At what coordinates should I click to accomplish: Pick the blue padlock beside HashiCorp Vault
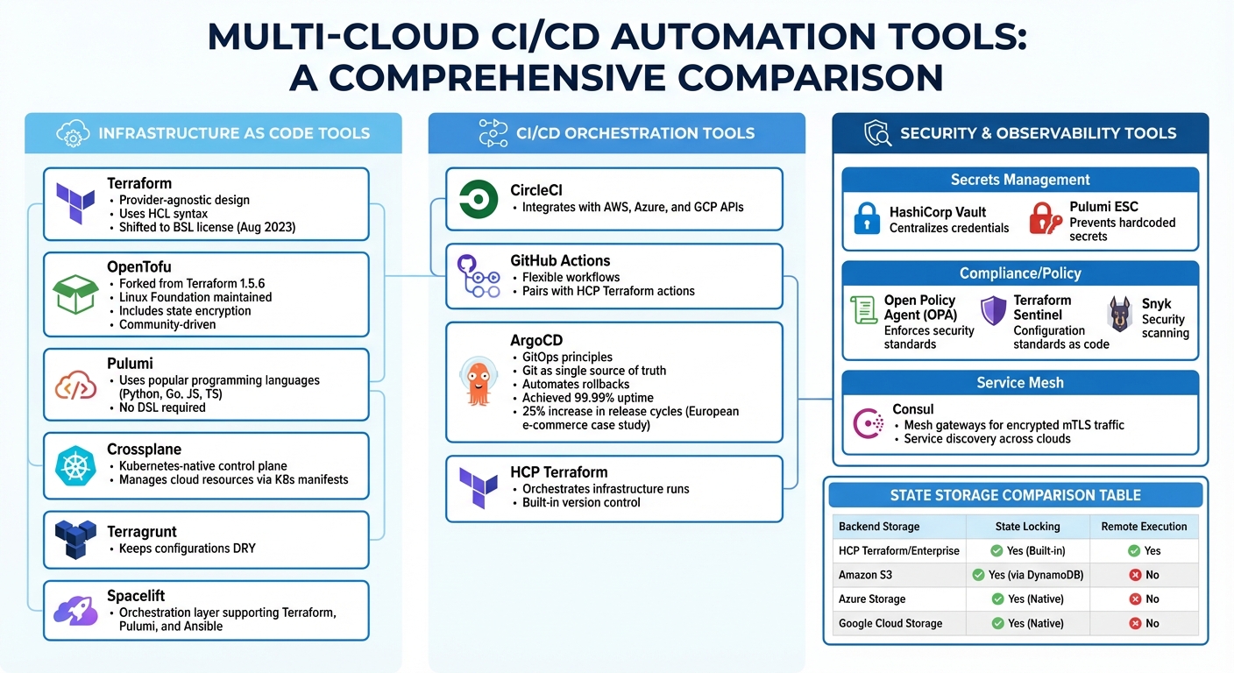[868, 219]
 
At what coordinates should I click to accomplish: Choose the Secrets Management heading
[1020, 180]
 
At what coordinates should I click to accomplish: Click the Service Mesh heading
[1020, 383]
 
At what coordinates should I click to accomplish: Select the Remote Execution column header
[1144, 527]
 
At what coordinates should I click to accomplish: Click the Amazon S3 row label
[865, 575]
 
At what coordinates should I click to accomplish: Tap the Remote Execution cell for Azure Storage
[1144, 599]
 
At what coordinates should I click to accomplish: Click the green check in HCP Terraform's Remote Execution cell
[1134, 551]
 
